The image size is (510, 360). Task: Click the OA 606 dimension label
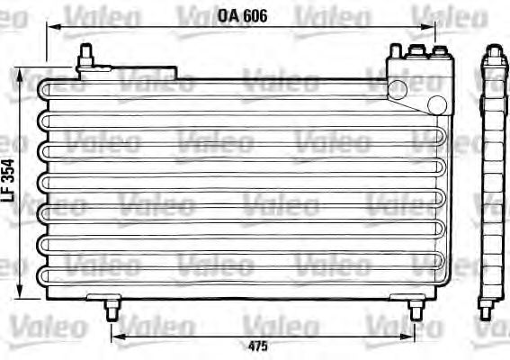[244, 15]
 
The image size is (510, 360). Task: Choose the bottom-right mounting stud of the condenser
[415, 309]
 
